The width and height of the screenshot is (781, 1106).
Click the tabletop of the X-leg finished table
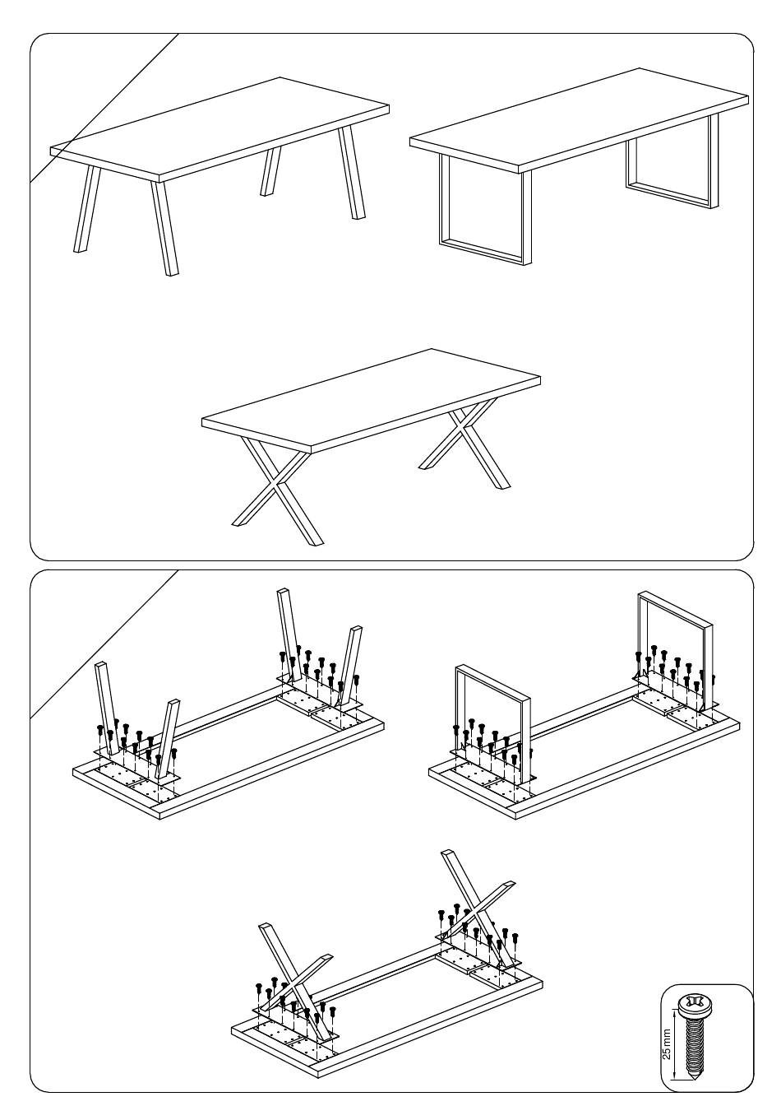pyautogui.click(x=371, y=401)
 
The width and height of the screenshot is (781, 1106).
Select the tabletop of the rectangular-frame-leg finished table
pyautogui.click(x=579, y=120)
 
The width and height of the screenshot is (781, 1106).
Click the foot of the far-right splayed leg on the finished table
pyautogui.click(x=358, y=216)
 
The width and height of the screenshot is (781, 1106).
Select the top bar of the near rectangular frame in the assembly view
pyautogui.click(x=492, y=682)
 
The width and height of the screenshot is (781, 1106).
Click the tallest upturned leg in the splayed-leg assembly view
pyautogui.click(x=289, y=635)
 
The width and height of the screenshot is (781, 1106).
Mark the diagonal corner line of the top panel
pyautogui.click(x=104, y=108)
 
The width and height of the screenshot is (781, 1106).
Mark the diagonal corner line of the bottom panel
pyautogui.click(x=104, y=644)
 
